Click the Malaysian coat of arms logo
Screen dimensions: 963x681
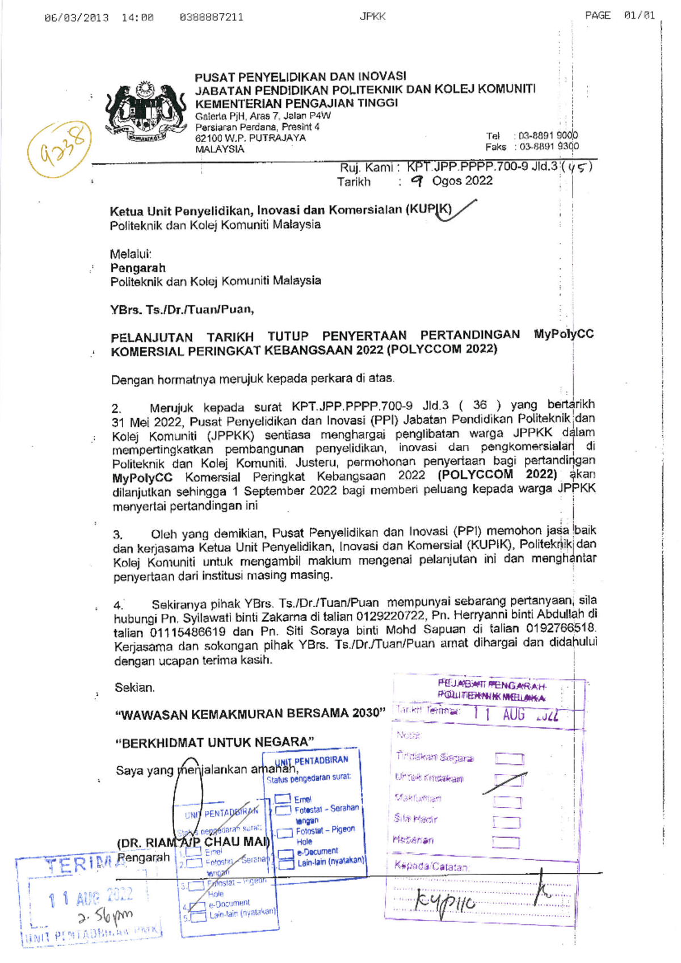coord(145,113)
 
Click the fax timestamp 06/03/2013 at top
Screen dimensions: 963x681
coord(76,18)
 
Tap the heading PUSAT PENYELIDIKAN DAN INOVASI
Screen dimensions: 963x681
coord(300,77)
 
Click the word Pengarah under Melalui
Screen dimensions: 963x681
coord(137,268)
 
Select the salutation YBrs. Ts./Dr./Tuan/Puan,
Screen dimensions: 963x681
coord(182,310)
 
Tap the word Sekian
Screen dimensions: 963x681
coord(134,688)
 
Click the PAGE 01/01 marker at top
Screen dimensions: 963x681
coord(620,16)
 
